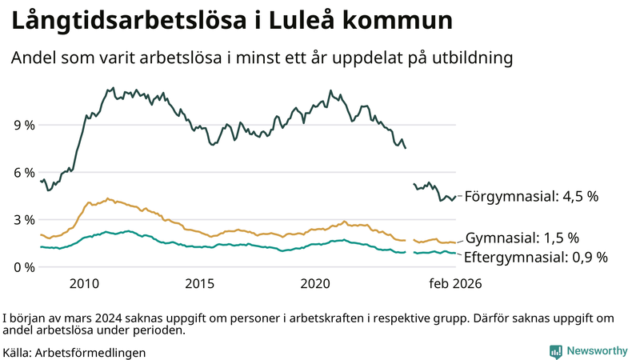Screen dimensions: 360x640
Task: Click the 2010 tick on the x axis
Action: [x=84, y=284]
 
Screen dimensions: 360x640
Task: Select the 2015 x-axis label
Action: [x=199, y=284]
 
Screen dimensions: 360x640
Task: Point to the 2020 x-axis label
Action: [x=315, y=284]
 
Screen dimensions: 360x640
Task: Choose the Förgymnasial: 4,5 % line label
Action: [x=531, y=196]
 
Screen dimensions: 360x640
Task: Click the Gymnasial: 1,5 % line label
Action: [x=533, y=238]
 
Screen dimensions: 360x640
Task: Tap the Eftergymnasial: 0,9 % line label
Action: [x=536, y=257]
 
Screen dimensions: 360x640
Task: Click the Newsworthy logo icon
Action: [x=555, y=351]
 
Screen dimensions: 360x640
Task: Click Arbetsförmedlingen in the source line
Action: [x=90, y=352]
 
